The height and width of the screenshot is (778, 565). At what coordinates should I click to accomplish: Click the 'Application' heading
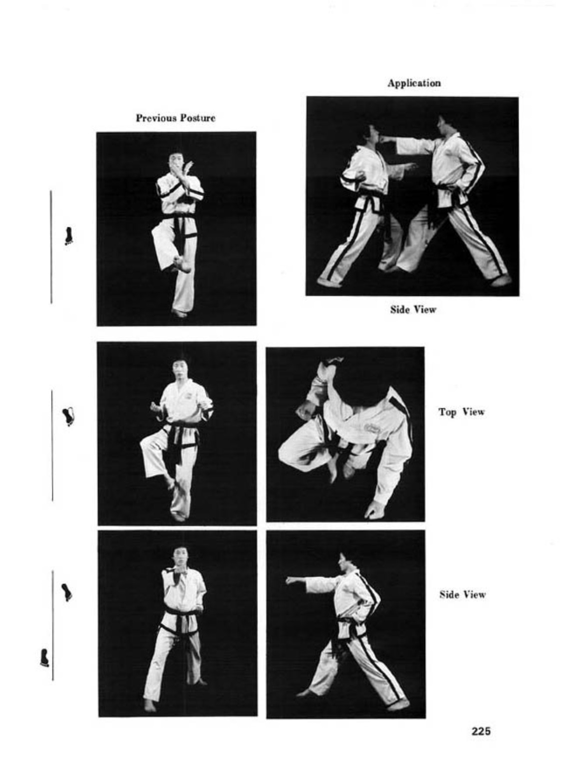coord(414,83)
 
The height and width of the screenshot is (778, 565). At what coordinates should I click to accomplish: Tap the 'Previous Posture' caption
coord(175,118)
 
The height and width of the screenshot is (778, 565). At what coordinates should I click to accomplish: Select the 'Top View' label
coord(461,412)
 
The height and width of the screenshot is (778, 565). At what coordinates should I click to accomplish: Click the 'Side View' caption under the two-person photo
coord(413,309)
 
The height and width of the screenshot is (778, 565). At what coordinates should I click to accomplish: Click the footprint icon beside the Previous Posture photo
coord(69,236)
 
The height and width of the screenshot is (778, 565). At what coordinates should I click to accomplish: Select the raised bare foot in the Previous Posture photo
coord(182,264)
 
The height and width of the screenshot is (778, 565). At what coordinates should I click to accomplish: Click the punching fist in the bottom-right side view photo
coord(291,579)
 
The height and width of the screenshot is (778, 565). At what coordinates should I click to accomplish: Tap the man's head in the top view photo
coord(361,379)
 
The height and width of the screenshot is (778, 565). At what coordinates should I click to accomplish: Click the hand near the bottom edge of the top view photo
coord(374,511)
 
